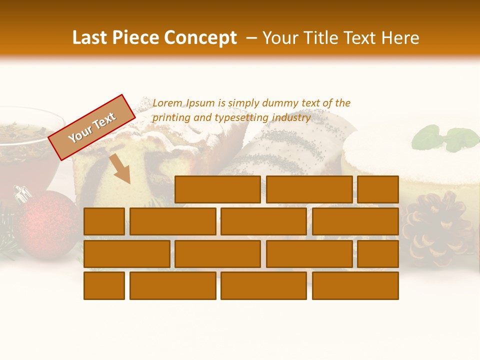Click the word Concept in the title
click(200, 38)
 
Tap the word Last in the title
click(91, 38)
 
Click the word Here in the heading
click(400, 38)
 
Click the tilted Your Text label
click(92, 127)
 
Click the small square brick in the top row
click(378, 189)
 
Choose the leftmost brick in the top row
click(217, 189)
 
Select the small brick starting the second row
click(104, 221)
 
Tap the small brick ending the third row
click(378, 254)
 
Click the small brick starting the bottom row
click(104, 286)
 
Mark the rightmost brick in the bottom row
click(355, 286)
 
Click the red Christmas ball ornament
click(47, 222)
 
